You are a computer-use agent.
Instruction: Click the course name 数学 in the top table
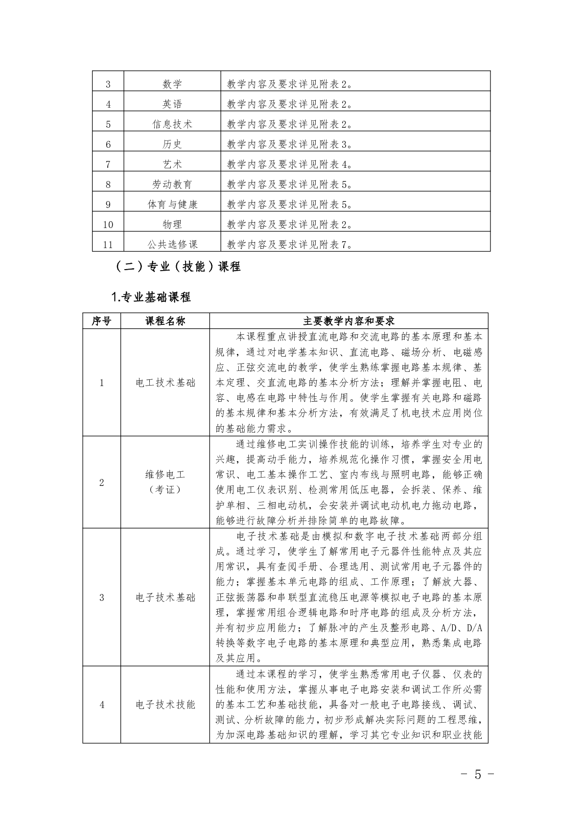[172, 84]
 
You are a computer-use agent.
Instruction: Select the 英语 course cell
[172, 104]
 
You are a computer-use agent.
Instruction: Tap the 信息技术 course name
[172, 124]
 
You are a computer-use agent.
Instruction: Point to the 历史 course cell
[172, 144]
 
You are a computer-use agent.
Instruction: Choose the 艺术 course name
[172, 164]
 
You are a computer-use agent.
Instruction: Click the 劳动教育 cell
[172, 184]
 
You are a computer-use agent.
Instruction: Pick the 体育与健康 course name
[172, 205]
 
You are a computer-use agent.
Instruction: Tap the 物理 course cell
[172, 225]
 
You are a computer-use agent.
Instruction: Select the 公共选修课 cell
[172, 245]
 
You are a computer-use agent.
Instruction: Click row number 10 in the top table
[108, 225]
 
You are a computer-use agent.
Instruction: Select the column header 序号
[102, 321]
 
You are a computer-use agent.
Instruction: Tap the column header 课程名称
[165, 321]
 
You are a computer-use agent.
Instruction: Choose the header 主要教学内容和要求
[349, 321]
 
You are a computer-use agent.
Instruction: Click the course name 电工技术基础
[165, 383]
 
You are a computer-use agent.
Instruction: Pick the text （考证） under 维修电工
[165, 490]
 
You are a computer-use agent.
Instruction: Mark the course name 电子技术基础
[165, 597]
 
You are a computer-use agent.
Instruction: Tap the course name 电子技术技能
[165, 705]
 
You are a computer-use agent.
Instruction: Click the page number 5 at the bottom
[478, 775]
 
